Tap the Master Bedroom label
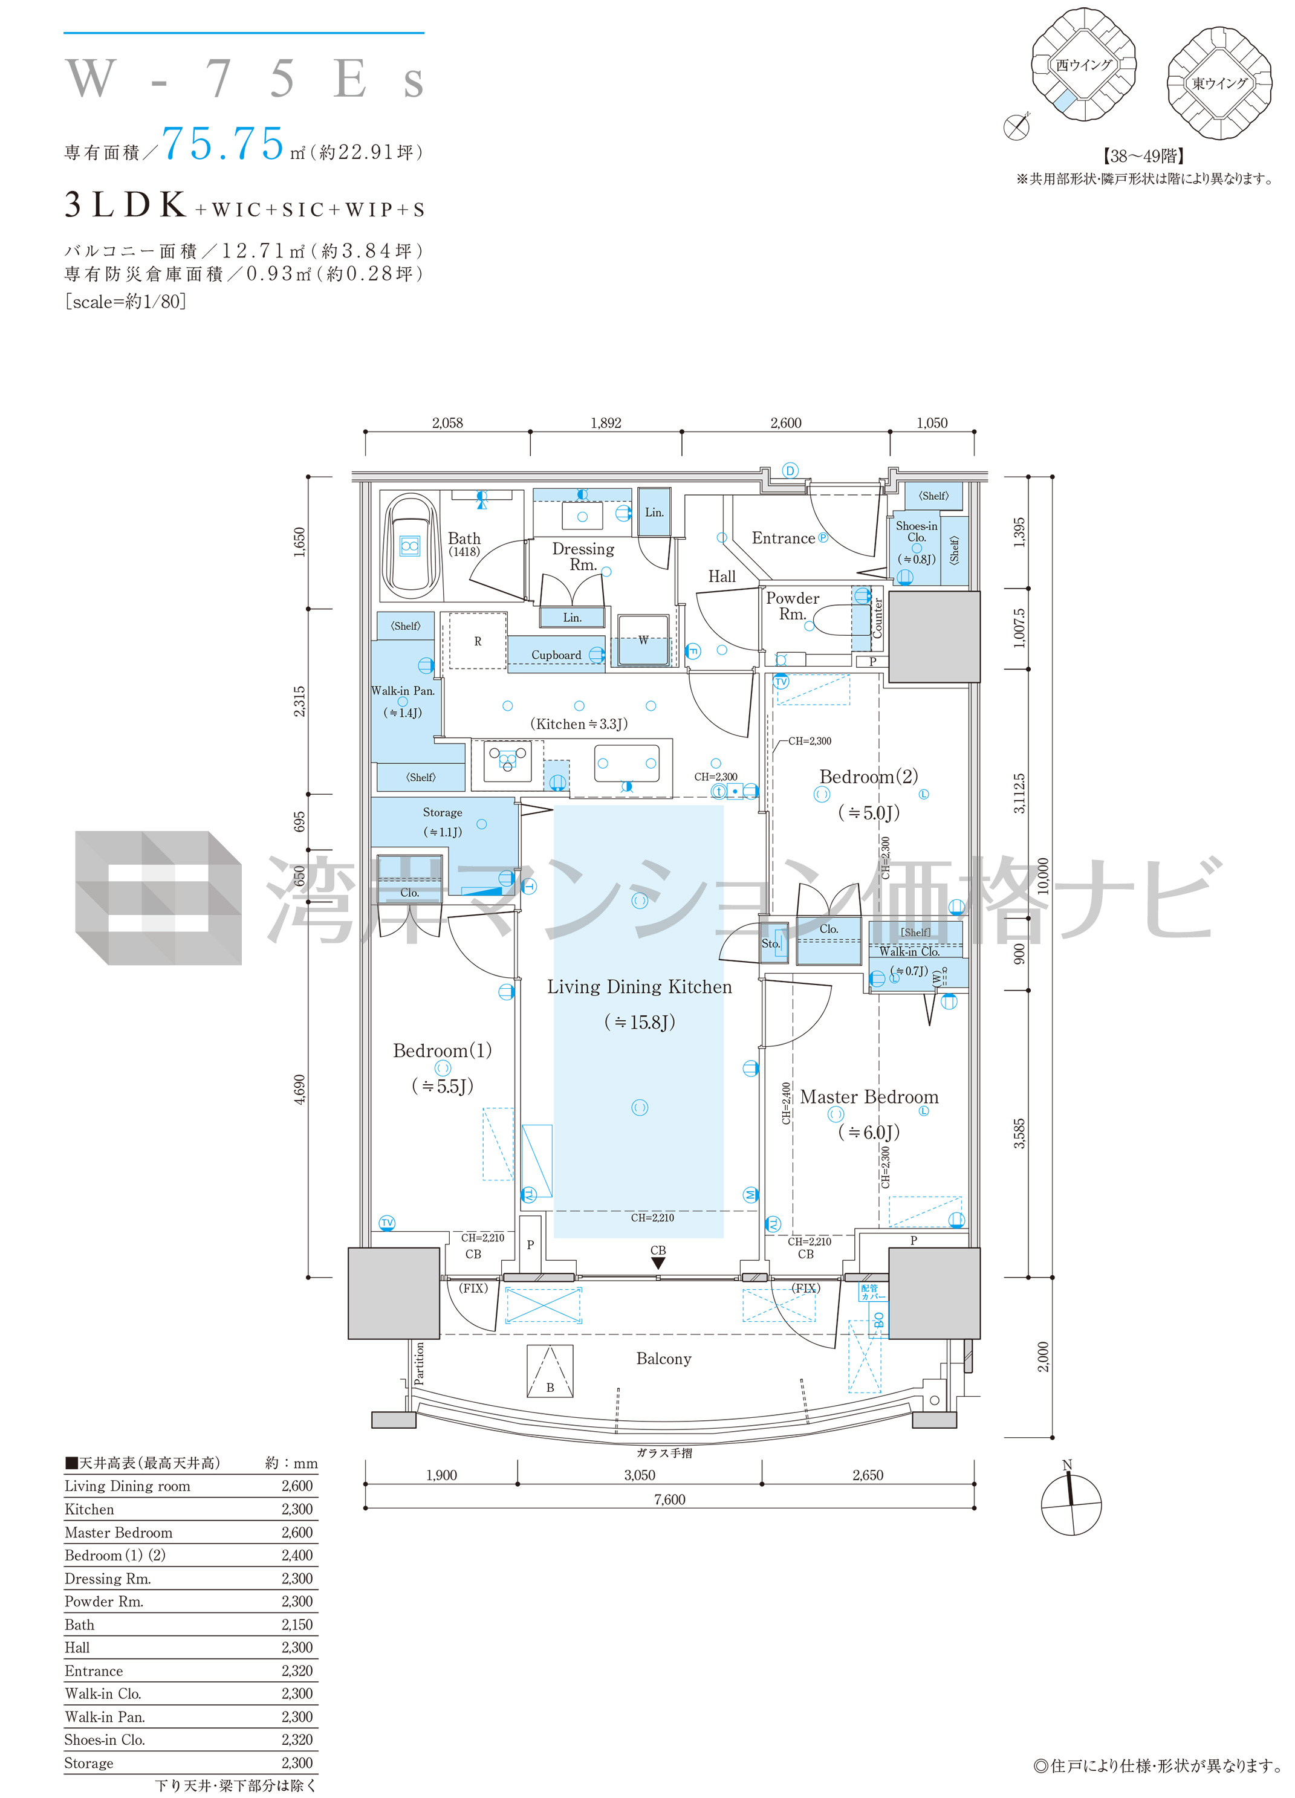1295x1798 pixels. [869, 1097]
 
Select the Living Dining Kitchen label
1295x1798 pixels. [639, 987]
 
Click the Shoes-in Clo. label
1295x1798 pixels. [917, 531]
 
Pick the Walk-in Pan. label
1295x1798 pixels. [403, 691]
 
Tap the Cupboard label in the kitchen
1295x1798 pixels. [556, 655]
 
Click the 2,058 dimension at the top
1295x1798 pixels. [447, 422]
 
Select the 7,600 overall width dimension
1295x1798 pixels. [669, 1499]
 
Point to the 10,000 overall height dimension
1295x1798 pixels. [1043, 876]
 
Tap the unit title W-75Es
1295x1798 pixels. [244, 79]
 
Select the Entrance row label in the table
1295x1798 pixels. [94, 1670]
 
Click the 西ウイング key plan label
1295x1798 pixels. [1084, 65]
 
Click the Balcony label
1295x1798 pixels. [664, 1359]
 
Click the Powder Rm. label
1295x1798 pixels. [792, 606]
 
